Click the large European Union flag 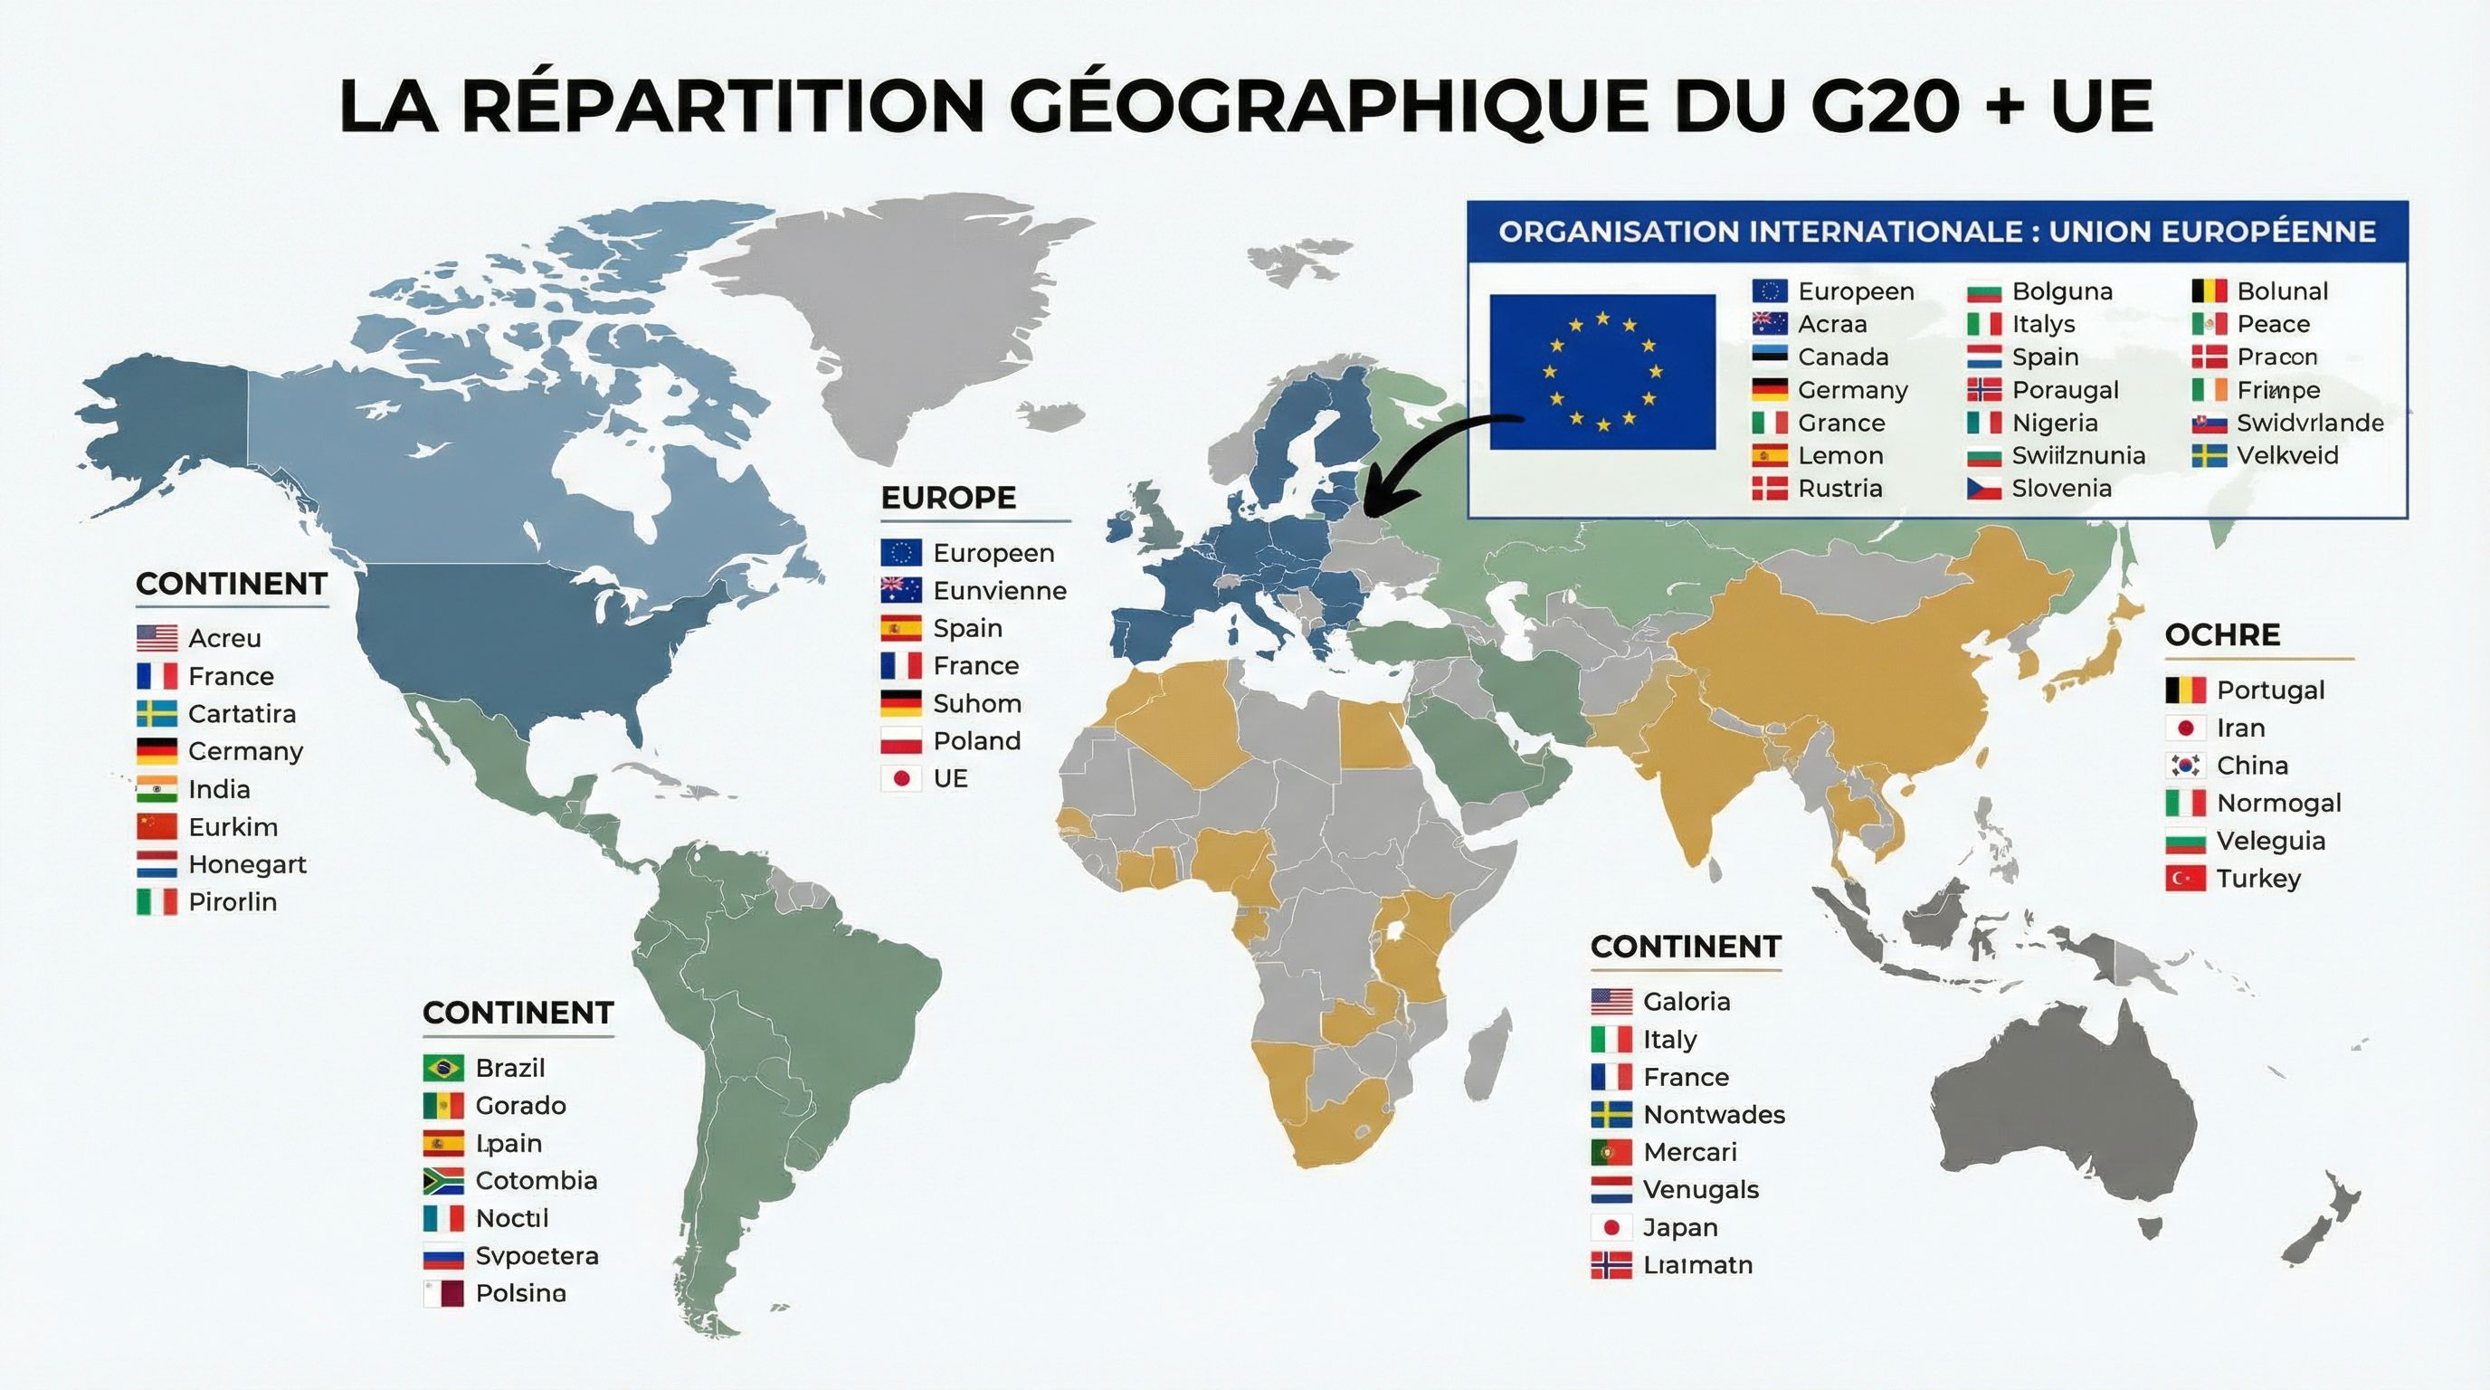(x=1601, y=372)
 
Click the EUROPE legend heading (x=948, y=498)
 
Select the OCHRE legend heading (x=2222, y=635)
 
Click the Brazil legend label (x=510, y=1068)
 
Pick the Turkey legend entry (x=2258, y=879)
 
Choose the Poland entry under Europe (x=976, y=741)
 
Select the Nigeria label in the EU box (x=2054, y=424)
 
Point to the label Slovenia (x=2061, y=489)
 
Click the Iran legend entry (x=2240, y=728)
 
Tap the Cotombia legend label (x=537, y=1181)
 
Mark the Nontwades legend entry (x=1714, y=1115)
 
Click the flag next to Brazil (x=442, y=1068)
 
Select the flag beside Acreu (x=157, y=638)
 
